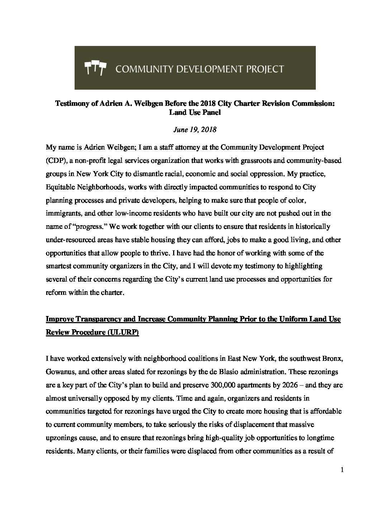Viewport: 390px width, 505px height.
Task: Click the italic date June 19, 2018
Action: (195, 129)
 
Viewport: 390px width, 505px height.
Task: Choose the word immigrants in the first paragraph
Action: (62, 213)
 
